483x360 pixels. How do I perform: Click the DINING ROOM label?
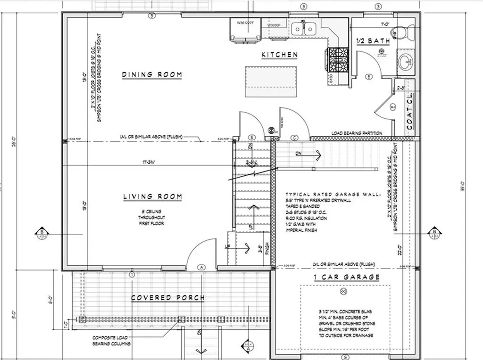point(152,74)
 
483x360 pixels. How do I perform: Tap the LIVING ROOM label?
point(152,196)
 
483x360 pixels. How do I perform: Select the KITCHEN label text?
point(280,55)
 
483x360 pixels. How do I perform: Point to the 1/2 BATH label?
point(372,41)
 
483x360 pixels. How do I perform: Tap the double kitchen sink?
point(303,29)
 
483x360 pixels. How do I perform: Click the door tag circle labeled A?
point(202,267)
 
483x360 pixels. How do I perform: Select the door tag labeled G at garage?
point(346,357)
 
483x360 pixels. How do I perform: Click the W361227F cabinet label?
point(245,22)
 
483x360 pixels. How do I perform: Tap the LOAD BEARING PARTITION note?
point(357,133)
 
